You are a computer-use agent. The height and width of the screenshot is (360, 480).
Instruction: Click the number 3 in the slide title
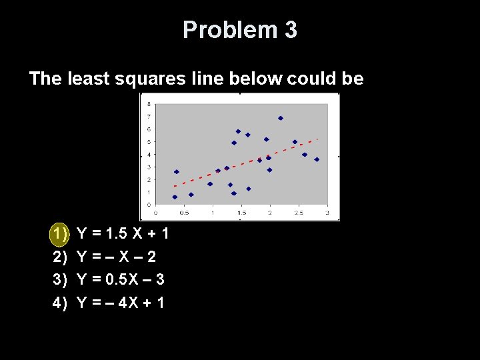click(291, 30)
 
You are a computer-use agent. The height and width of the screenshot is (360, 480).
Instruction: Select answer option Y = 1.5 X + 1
click(123, 234)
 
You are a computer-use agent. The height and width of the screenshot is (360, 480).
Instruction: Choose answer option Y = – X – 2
click(117, 257)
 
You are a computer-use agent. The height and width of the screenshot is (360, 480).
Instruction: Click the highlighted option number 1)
click(60, 234)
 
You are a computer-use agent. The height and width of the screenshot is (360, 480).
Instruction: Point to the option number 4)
click(60, 303)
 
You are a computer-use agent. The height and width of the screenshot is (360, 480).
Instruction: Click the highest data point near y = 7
click(281, 118)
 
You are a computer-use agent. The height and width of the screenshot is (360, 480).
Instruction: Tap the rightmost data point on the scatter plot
click(317, 159)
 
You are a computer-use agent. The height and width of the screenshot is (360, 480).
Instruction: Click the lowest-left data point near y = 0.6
click(175, 197)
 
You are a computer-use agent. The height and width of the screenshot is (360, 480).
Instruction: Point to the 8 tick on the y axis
click(148, 103)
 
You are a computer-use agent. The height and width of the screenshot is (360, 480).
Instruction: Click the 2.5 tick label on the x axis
click(299, 213)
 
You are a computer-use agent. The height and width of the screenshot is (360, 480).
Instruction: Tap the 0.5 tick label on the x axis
click(184, 213)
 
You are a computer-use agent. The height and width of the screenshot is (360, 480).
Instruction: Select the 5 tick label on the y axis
click(148, 141)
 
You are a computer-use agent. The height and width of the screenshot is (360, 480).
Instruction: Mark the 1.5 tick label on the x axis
click(241, 213)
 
